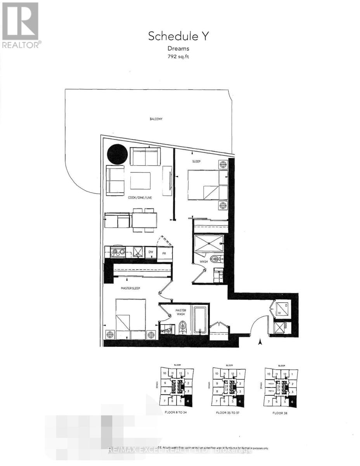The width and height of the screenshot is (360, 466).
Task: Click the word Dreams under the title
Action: tap(178, 49)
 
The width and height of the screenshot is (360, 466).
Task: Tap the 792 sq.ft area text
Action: tap(178, 57)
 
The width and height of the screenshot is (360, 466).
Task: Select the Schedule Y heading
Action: tap(178, 37)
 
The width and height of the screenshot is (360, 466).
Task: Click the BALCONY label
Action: tap(156, 119)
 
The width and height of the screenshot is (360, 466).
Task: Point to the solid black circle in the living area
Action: tap(117, 154)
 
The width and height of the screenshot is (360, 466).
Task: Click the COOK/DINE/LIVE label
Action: tap(140, 198)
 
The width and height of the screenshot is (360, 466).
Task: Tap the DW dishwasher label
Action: tap(151, 252)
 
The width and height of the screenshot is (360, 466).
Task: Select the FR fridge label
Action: tap(164, 253)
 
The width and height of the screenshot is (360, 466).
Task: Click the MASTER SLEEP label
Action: tap(130, 288)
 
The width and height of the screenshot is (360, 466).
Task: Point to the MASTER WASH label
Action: tap(181, 312)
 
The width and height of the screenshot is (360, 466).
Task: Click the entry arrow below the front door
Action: tap(260, 342)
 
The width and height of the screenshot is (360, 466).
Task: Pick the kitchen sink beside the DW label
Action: tap(137, 252)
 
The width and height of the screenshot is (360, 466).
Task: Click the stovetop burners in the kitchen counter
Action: tap(117, 253)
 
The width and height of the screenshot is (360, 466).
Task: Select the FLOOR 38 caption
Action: tap(280, 413)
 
